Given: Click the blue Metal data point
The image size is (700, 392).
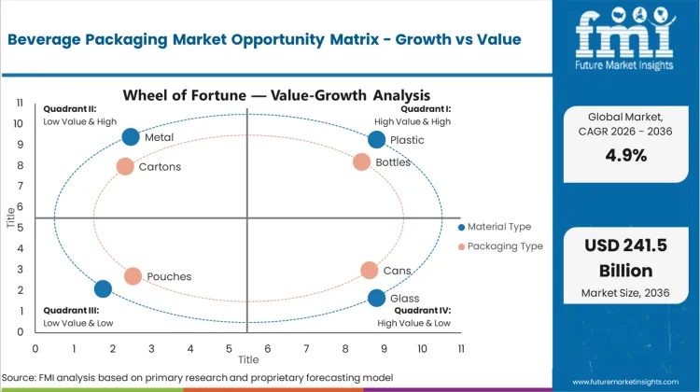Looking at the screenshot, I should [131, 137].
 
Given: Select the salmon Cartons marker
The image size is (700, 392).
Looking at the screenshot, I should [125, 166].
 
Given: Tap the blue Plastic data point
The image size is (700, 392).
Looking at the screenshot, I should [376, 140].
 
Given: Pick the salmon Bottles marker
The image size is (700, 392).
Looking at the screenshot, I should [362, 161].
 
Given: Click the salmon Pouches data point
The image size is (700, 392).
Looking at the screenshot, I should [133, 276].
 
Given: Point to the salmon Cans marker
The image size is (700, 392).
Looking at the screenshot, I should [370, 270].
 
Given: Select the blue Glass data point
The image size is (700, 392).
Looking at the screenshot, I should [376, 298].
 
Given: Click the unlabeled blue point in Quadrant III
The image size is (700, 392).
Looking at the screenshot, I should [103, 289].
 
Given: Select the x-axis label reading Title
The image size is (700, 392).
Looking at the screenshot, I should [248, 359].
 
